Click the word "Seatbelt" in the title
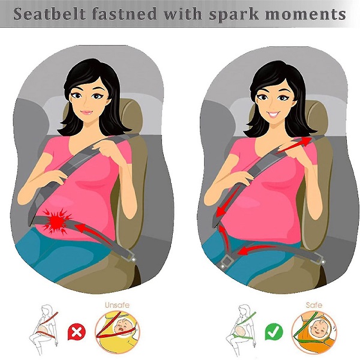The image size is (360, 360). [49, 14]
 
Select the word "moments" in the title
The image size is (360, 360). [305, 14]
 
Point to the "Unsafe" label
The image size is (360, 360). [117, 305]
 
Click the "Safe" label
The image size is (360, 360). [314, 305]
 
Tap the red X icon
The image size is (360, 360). [76, 332]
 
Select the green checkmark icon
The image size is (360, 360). [274, 332]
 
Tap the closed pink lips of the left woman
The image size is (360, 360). [87, 113]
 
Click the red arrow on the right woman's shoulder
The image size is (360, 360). [294, 145]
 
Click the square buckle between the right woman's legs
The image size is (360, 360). [226, 261]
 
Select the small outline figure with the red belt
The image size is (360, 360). [44, 329]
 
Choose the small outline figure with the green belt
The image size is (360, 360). [242, 329]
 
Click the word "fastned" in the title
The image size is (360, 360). [124, 14]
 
